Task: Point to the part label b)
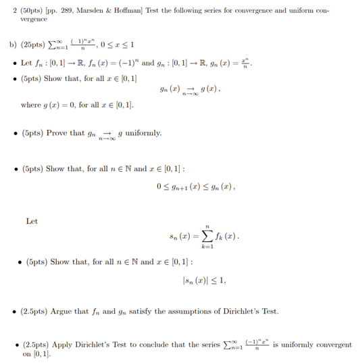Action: [x=12, y=45]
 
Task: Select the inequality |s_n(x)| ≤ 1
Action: [x=204, y=279]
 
